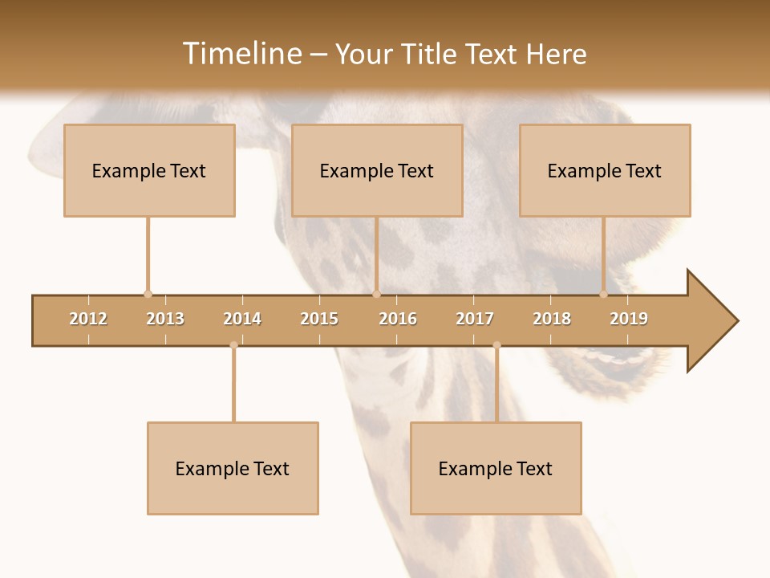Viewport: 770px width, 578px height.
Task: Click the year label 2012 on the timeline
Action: (88, 319)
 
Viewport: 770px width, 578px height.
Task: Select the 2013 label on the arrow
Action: (165, 319)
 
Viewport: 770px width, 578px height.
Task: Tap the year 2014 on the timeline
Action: (242, 319)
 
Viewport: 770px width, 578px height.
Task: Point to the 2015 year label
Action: (319, 319)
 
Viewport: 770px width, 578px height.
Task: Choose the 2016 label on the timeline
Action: (398, 319)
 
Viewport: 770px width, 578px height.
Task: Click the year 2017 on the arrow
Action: (475, 319)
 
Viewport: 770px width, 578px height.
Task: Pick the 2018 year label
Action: (552, 319)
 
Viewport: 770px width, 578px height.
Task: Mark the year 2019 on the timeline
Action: (629, 319)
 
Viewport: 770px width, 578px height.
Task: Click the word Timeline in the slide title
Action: (241, 54)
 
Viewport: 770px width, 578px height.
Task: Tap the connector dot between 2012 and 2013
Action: (148, 294)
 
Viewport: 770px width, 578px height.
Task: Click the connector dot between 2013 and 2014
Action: (233, 345)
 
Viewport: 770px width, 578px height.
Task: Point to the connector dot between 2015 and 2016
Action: (376, 294)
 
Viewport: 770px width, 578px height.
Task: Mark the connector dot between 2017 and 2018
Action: (496, 345)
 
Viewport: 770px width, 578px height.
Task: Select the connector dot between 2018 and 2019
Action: (603, 294)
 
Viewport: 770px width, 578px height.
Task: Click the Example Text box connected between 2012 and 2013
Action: (149, 170)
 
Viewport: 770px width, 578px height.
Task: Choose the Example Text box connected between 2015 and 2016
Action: (377, 170)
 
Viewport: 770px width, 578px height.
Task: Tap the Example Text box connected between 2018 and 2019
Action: (605, 170)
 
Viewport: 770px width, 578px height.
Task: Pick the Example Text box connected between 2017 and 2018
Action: (496, 468)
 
